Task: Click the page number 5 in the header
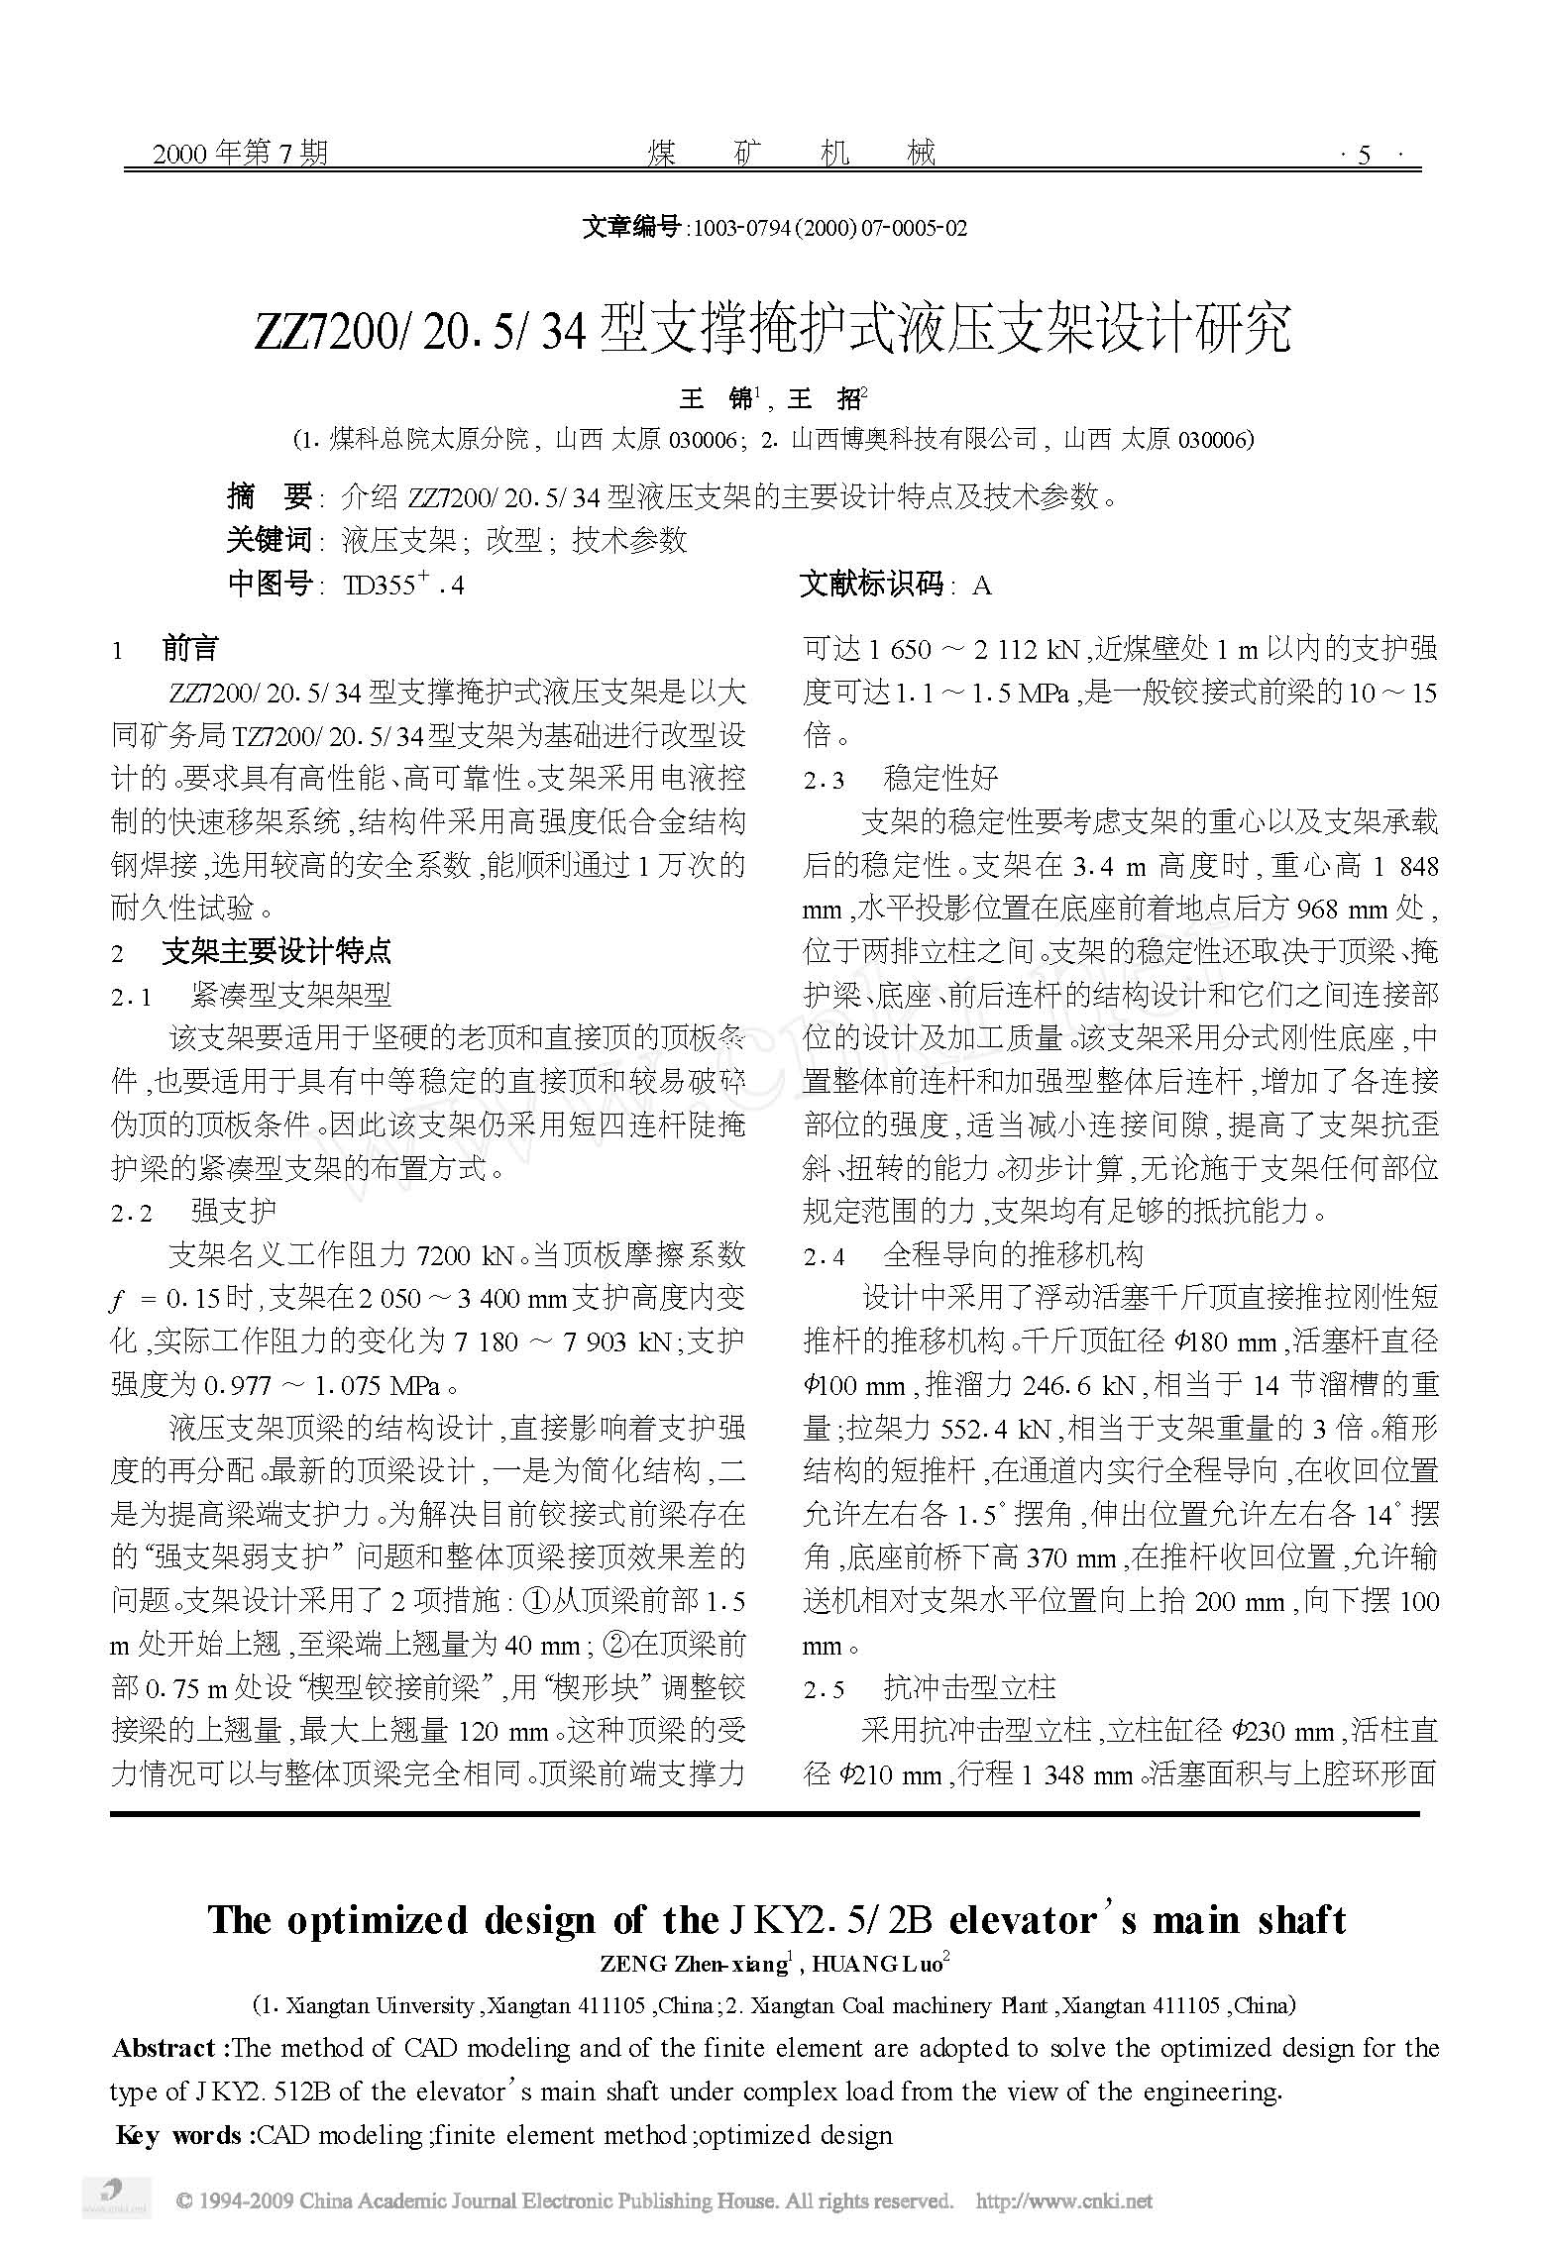pos(1365,155)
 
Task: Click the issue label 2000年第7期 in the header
pos(240,154)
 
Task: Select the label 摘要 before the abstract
pos(270,495)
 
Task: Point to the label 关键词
pos(270,540)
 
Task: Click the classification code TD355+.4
pos(402,586)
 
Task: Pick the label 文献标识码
pos(872,586)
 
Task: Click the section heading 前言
pos(190,650)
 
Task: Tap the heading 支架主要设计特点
pos(276,953)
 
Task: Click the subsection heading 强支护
pos(234,1212)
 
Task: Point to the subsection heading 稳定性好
pos(940,779)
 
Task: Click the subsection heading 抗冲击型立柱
pos(969,1688)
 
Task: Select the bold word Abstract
pos(165,2049)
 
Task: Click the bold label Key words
pos(179,2135)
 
